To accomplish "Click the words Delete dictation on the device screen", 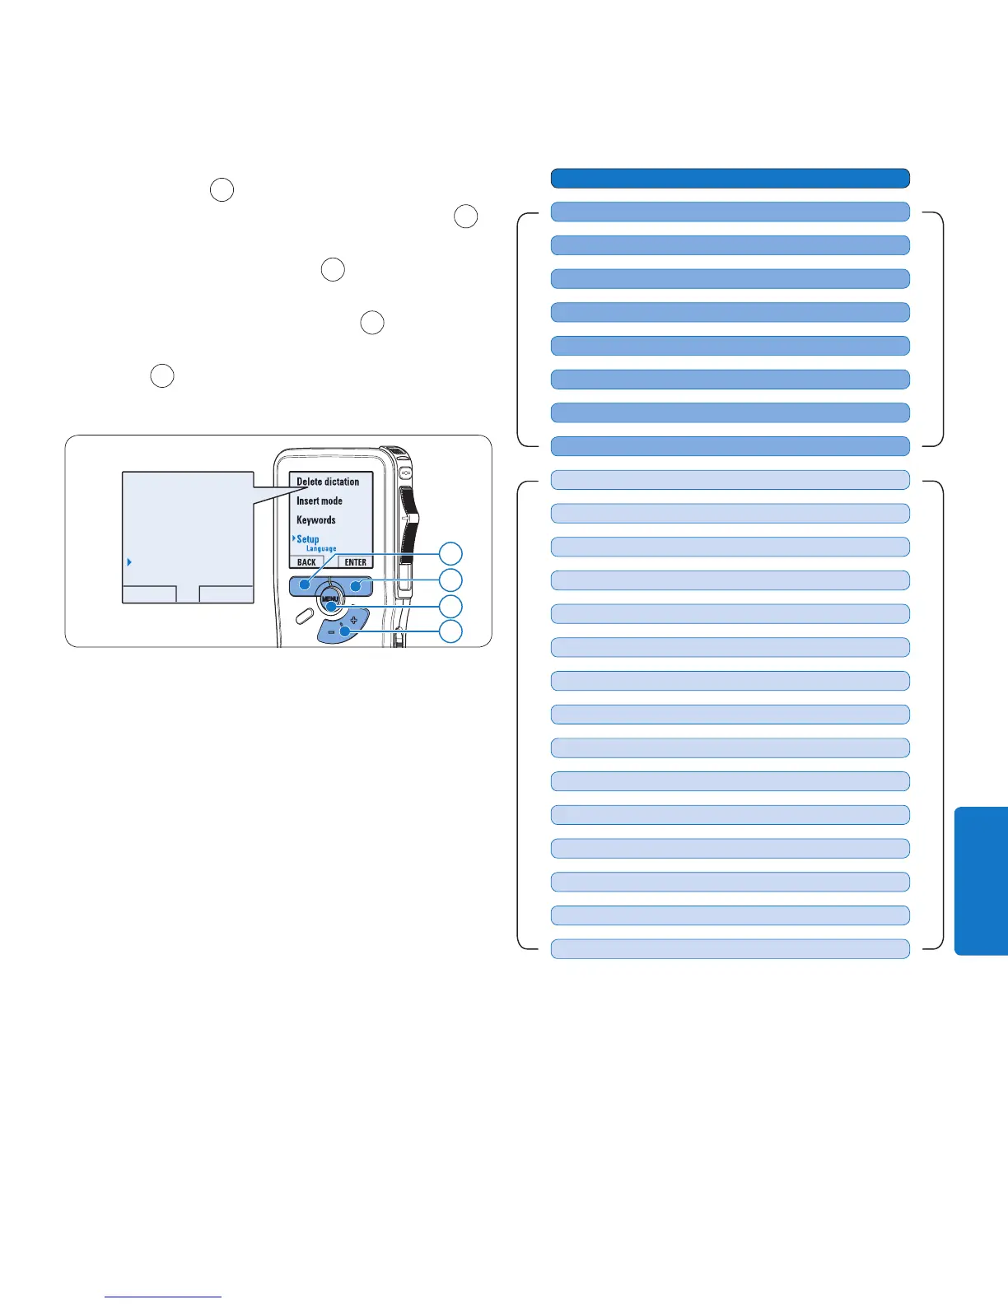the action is point(328,482).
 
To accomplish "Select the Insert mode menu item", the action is point(320,501).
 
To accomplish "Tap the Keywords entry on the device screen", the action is point(316,520).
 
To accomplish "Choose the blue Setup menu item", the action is point(308,539).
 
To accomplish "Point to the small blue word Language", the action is point(321,549).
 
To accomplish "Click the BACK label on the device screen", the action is point(306,562).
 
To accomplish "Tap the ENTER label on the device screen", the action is point(356,562).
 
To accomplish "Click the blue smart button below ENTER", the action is point(356,585).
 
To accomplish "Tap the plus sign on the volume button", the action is point(353,619).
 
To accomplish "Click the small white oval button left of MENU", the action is point(302,613).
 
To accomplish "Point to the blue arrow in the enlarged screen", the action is point(129,562).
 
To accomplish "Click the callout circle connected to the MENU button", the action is point(450,607).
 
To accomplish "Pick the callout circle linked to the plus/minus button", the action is point(450,632).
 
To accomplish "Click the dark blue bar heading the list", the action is point(730,178).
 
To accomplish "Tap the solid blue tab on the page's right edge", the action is point(982,881).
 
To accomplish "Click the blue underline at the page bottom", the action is point(164,1297).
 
